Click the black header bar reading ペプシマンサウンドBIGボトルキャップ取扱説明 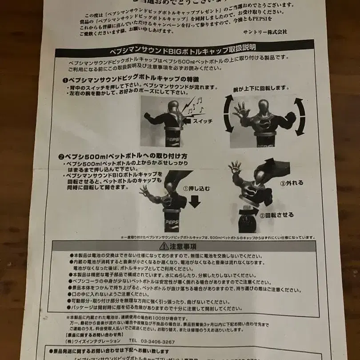click(x=184, y=48)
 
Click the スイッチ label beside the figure click(x=204, y=120)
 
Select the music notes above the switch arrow click(x=194, y=105)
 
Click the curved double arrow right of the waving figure click(x=300, y=116)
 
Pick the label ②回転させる click(x=276, y=215)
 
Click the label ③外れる click(x=292, y=183)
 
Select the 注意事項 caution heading click(x=187, y=246)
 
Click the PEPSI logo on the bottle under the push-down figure click(x=172, y=221)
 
